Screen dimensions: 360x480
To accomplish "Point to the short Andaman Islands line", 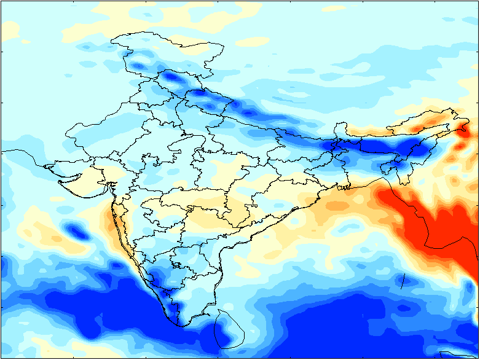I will click(403, 281).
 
